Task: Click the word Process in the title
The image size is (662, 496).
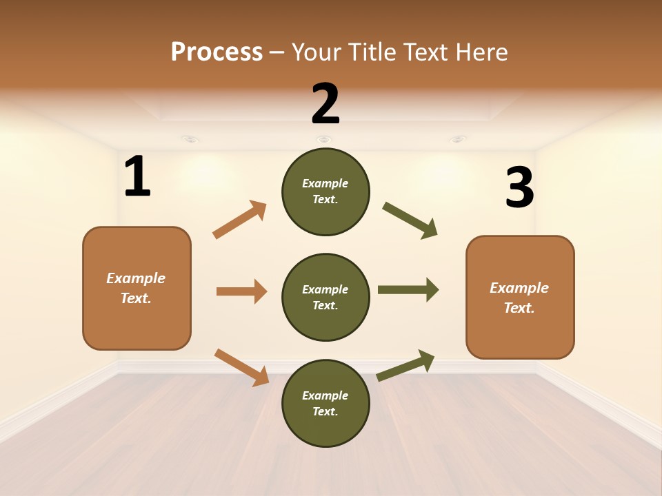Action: tap(217, 52)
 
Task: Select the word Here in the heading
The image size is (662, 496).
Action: tap(481, 52)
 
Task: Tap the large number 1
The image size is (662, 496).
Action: tap(137, 177)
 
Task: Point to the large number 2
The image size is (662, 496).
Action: tap(325, 104)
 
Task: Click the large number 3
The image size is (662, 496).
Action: tap(519, 188)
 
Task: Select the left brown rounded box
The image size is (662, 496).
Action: tap(137, 288)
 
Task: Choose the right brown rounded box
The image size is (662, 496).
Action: tap(520, 298)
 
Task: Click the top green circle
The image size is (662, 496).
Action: tap(325, 192)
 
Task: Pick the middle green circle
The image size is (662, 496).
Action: tap(325, 297)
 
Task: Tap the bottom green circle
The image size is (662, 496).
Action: tap(325, 403)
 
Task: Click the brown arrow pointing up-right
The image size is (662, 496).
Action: tap(240, 219)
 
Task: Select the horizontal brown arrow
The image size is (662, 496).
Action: tap(241, 291)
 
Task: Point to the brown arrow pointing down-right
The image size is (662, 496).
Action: tap(242, 367)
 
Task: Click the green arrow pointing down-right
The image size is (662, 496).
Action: tap(410, 220)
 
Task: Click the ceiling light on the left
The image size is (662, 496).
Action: tap(191, 140)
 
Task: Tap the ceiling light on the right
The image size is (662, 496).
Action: tap(457, 140)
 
